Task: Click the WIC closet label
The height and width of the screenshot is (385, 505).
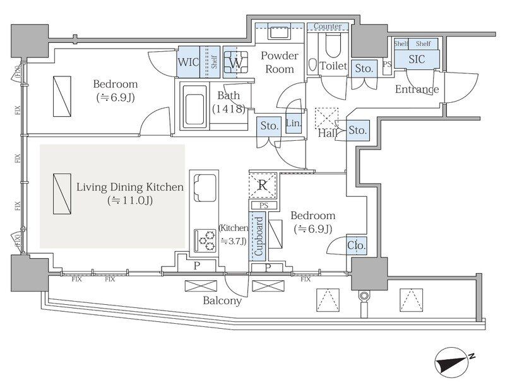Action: click(x=188, y=62)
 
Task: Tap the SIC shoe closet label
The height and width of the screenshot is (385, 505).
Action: click(x=417, y=59)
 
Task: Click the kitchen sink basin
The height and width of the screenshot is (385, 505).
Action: click(x=205, y=187)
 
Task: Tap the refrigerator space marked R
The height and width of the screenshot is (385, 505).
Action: click(x=263, y=186)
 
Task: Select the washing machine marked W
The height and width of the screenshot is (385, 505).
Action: click(x=236, y=62)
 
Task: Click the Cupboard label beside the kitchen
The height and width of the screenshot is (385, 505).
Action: click(x=259, y=236)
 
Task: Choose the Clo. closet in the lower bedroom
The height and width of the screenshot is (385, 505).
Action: click(x=357, y=246)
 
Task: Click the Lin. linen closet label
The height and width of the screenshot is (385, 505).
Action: click(x=294, y=123)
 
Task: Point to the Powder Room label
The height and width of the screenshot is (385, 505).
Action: click(x=279, y=62)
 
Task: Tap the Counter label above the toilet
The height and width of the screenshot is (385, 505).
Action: click(x=328, y=27)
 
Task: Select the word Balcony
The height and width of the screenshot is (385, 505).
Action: click(x=222, y=301)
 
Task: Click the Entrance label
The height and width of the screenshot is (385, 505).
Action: click(x=417, y=89)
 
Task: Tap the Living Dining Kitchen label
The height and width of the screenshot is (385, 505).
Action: click(x=130, y=187)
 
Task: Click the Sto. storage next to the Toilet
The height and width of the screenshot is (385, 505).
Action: click(x=364, y=68)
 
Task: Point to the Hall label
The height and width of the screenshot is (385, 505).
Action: click(x=328, y=133)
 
